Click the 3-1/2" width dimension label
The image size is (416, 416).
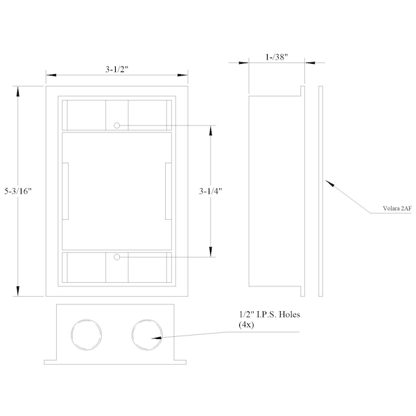[x=116, y=69]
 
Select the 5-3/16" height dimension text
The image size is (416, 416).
[x=18, y=191]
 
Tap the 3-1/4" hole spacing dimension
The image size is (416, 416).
[x=211, y=191]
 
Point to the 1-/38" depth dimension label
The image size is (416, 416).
[x=277, y=57]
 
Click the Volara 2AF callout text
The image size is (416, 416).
[x=397, y=209]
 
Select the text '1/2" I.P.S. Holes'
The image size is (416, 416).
[x=270, y=315]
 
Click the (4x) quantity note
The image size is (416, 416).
[x=246, y=324]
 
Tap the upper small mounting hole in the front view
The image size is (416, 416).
[x=116, y=125]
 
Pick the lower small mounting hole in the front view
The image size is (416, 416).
[x=116, y=257]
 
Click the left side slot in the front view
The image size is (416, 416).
[x=65, y=191]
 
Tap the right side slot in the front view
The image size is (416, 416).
[x=168, y=191]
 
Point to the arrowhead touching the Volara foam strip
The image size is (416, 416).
[x=329, y=183]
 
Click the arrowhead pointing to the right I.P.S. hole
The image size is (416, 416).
[x=156, y=338]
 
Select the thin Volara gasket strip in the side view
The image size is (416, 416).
[x=320, y=191]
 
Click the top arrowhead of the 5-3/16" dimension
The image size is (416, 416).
[x=18, y=92]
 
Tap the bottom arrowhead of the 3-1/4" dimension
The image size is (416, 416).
[x=211, y=252]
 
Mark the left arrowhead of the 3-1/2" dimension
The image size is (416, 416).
[x=51, y=76]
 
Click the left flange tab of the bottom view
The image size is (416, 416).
[x=50, y=362]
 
